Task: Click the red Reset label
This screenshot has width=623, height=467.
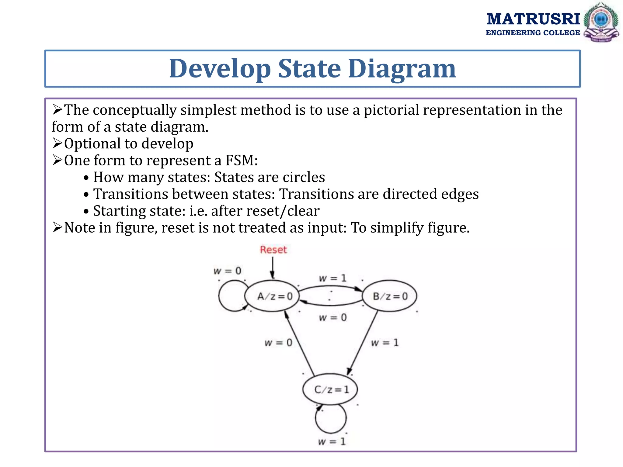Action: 273,250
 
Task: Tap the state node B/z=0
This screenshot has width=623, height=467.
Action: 390,296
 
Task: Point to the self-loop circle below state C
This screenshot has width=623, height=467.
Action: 331,418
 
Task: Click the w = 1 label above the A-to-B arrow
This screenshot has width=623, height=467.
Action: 332,278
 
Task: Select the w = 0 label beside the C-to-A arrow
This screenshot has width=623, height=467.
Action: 278,343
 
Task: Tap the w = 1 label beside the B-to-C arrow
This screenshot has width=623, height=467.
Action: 385,343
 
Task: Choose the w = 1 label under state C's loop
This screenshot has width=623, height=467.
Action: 332,441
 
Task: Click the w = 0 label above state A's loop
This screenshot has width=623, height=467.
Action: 227,271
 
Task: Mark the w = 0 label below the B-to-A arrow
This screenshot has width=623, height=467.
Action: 332,318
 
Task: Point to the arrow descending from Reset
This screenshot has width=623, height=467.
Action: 273,268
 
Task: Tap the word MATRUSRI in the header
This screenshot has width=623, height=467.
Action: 533,19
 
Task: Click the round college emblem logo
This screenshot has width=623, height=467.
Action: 601,22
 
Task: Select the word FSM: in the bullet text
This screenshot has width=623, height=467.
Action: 241,160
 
